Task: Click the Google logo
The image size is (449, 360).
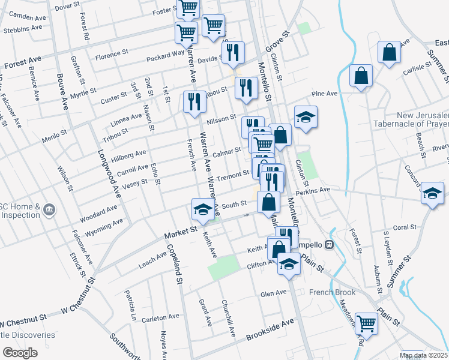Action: click(20, 353)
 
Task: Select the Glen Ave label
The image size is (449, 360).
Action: click(273, 293)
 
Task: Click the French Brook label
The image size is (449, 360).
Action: click(333, 293)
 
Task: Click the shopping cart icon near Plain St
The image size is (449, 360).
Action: click(366, 323)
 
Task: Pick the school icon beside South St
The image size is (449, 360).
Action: click(202, 208)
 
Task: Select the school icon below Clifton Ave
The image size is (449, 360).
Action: click(289, 263)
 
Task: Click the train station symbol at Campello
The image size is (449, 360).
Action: click(329, 245)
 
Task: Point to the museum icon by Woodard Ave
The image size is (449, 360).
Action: click(49, 211)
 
